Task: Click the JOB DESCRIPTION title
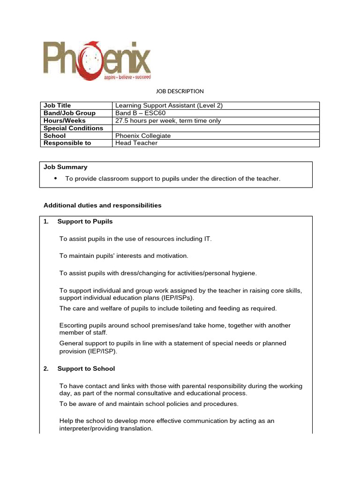pos(180,91)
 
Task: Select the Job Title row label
pos(57,105)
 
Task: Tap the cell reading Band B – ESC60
pos(140,113)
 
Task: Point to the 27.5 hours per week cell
pos(168,120)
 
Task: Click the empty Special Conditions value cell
pos(216,128)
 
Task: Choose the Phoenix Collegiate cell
pos(143,135)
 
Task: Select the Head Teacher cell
pos(136,143)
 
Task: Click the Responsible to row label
pos(67,143)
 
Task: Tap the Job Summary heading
pos(65,167)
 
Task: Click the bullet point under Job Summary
pos(56,179)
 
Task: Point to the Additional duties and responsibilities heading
pos(102,205)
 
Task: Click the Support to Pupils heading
pos(85,221)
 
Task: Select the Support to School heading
pos(86,368)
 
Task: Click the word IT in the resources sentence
pos(207,239)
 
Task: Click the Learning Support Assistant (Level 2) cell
pos(169,105)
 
